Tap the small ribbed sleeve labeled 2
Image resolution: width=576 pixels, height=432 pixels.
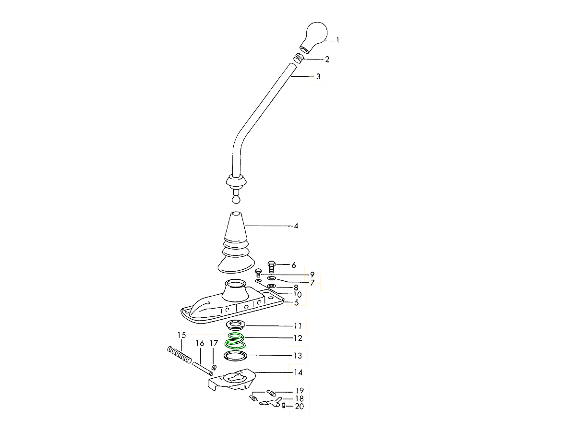pyautogui.click(x=298, y=58)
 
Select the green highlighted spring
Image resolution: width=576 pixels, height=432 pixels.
pyautogui.click(x=235, y=341)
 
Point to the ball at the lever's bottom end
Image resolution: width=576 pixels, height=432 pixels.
pyautogui.click(x=236, y=200)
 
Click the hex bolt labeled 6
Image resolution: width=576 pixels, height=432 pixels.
pyautogui.click(x=271, y=267)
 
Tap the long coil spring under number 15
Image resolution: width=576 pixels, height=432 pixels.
pyautogui.click(x=180, y=355)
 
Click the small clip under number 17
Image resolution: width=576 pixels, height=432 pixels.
pyautogui.click(x=214, y=367)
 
